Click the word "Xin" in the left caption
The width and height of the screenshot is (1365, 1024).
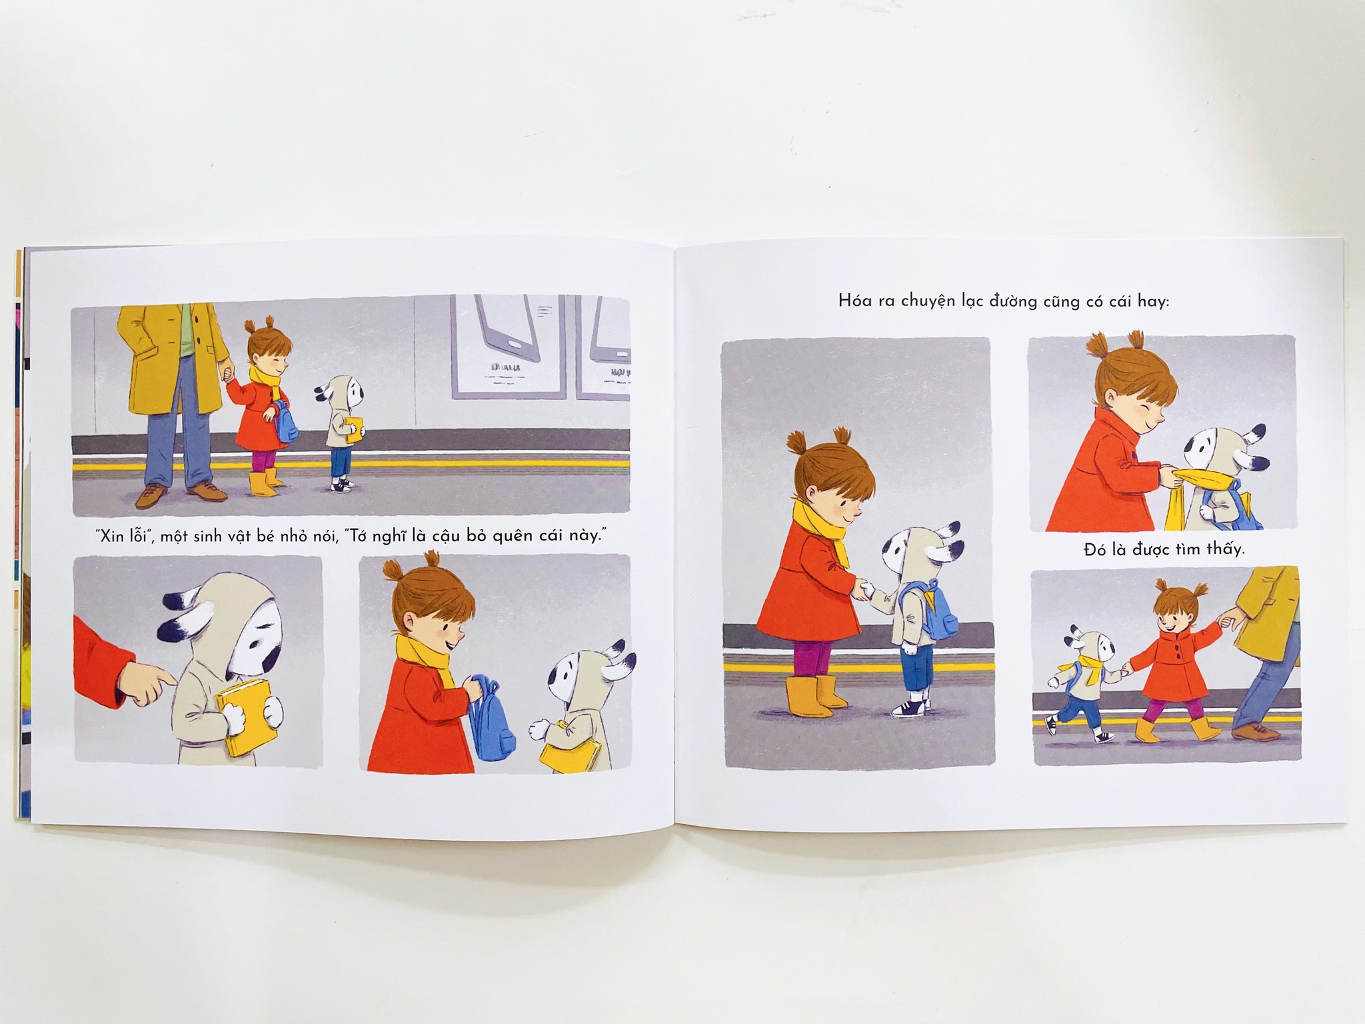[x=111, y=537]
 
